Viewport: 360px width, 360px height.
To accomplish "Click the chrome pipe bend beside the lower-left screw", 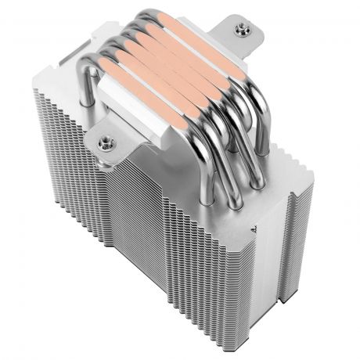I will point(88,86).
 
